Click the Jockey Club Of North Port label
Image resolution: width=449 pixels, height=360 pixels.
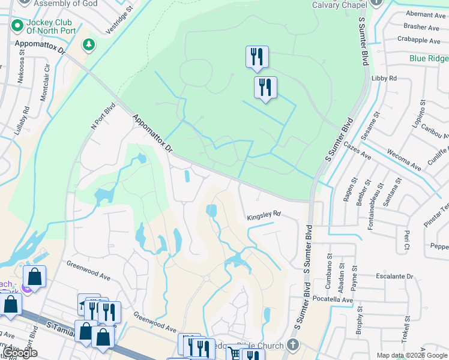(x=50, y=28)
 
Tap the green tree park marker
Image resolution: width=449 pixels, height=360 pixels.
(x=89, y=45)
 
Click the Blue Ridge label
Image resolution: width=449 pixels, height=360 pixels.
(x=429, y=59)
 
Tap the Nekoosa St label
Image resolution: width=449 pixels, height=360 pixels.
(x=21, y=70)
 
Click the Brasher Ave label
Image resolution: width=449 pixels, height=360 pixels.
(x=422, y=27)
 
